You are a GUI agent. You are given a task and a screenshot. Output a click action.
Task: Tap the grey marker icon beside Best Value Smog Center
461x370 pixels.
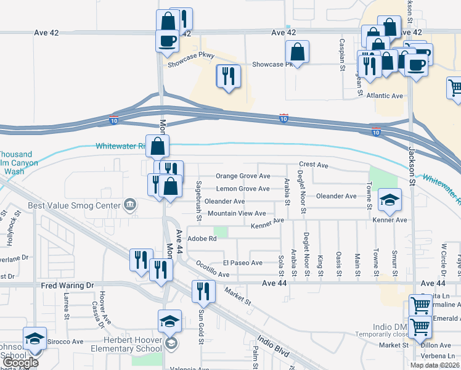129,204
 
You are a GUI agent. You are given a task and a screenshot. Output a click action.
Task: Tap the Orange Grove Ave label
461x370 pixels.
243,176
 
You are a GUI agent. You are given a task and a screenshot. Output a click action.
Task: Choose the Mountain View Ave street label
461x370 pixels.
237,213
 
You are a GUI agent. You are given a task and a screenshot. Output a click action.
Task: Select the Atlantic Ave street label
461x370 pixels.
384,96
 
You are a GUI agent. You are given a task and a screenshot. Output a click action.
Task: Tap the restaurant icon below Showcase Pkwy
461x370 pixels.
228,76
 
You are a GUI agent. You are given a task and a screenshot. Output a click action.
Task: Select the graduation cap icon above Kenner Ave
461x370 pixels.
390,199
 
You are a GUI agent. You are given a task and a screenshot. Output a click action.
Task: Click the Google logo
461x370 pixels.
20,363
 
